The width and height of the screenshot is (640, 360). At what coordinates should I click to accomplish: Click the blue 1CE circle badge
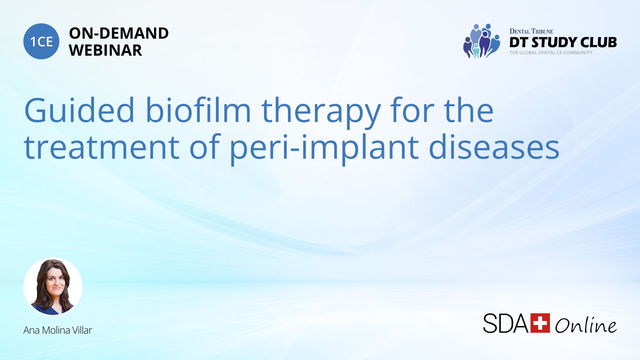pyautogui.click(x=41, y=41)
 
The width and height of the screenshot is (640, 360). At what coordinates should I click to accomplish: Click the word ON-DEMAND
pyautogui.click(x=119, y=33)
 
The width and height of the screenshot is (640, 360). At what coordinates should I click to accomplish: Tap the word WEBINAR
pyautogui.click(x=105, y=50)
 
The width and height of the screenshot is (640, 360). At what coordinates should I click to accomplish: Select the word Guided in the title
pyautogui.click(x=79, y=110)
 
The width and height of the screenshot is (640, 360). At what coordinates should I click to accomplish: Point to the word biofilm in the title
pyautogui.click(x=198, y=110)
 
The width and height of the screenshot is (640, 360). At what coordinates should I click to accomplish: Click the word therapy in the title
pyautogui.click(x=321, y=113)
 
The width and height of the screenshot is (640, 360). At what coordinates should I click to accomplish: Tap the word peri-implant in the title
pyautogui.click(x=324, y=149)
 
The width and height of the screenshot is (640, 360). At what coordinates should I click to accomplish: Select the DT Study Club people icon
pyautogui.click(x=482, y=41)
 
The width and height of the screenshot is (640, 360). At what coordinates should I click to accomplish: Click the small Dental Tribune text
pyautogui.click(x=531, y=31)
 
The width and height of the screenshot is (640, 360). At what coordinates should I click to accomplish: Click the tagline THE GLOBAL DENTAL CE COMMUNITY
pyautogui.click(x=551, y=53)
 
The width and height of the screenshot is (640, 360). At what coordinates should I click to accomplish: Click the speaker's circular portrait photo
pyautogui.click(x=53, y=286)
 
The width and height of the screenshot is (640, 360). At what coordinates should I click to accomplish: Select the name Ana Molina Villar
pyautogui.click(x=58, y=330)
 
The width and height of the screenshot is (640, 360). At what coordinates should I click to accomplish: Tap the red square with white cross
pyautogui.click(x=540, y=323)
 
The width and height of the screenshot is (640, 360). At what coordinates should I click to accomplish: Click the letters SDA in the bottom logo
pyautogui.click(x=506, y=323)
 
